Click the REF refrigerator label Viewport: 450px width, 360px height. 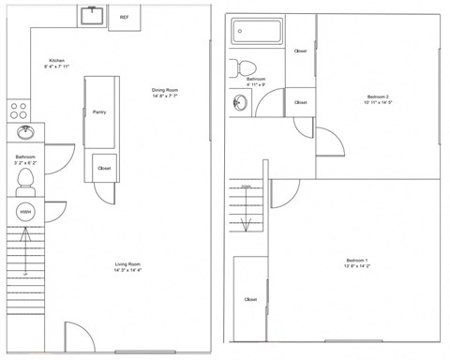(x=124, y=17)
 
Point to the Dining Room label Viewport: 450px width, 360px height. (x=165, y=90)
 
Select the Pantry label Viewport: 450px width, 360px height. (x=99, y=112)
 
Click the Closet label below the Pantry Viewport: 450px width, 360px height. (x=104, y=169)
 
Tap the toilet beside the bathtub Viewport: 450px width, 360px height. (x=247, y=67)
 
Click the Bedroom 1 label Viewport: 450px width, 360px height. (x=357, y=259)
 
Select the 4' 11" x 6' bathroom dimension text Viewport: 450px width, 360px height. (x=256, y=84)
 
